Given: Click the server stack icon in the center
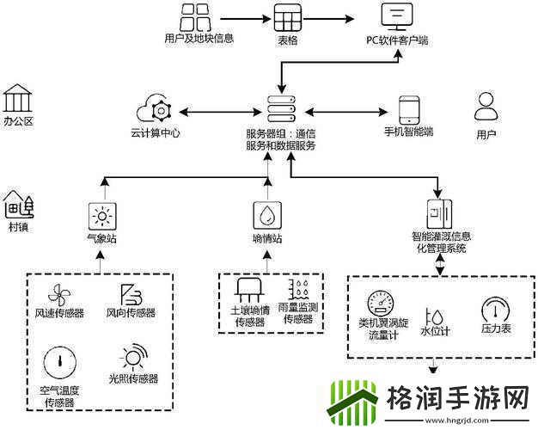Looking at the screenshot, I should point(281,108).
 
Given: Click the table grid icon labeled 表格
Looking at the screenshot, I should point(287,16).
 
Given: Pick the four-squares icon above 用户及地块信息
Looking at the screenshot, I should point(197,16).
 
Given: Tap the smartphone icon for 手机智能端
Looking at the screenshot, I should point(408,109).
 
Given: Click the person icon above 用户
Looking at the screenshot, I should point(486,106).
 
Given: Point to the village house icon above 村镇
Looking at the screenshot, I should point(18,205).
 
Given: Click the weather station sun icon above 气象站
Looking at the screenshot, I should point(101,214).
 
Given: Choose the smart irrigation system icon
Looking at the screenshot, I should point(439,212).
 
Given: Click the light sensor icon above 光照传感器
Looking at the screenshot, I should point(133,357).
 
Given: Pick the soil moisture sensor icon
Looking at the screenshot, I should point(252,288).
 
